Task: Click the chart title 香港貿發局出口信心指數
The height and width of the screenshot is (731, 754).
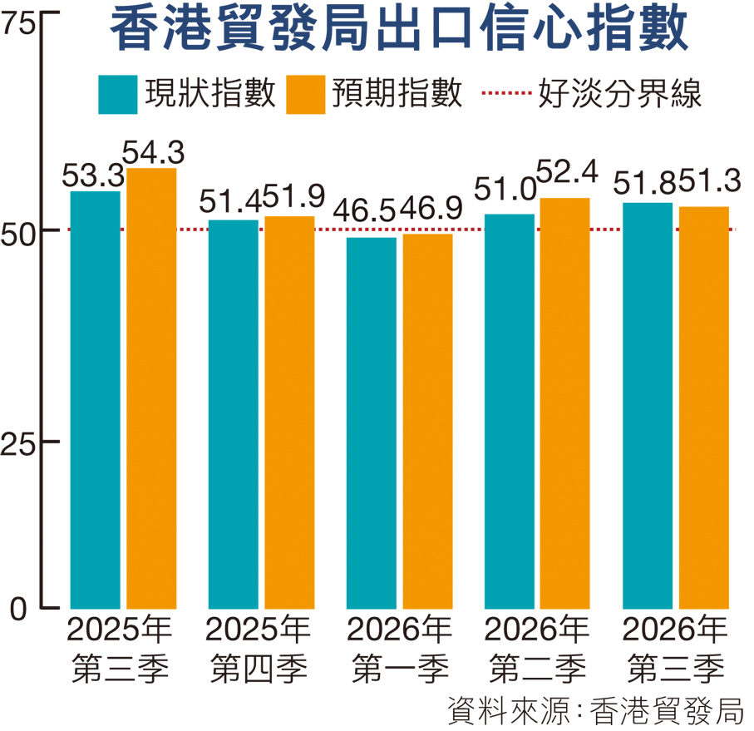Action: pyautogui.click(x=399, y=29)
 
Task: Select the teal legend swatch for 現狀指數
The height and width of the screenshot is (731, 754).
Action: pyautogui.click(x=118, y=94)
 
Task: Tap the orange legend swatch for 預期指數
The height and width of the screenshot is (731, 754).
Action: pyautogui.click(x=305, y=94)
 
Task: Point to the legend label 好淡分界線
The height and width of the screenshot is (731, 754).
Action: pyautogui.click(x=620, y=93)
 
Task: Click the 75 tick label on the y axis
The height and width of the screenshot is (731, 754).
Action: pyautogui.click(x=17, y=23)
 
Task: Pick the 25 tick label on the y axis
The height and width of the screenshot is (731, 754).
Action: pyautogui.click(x=18, y=443)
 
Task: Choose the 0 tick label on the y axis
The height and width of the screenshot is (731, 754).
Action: pyautogui.click(x=18, y=610)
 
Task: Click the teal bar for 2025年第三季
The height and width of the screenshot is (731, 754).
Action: pyautogui.click(x=96, y=400)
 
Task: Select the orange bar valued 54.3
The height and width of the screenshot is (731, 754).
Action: pyautogui.click(x=151, y=388)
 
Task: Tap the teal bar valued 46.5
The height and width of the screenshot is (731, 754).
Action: pyautogui.click(x=372, y=423)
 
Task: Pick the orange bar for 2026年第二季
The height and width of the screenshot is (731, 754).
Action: pyautogui.click(x=565, y=403)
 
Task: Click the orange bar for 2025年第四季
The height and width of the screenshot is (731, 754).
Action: pyautogui.click(x=289, y=412)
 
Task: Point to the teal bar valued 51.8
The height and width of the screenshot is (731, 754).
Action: pyautogui.click(x=648, y=406)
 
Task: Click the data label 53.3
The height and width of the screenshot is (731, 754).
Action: pyautogui.click(x=93, y=175)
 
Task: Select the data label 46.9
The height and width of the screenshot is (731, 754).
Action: pyautogui.click(x=431, y=208)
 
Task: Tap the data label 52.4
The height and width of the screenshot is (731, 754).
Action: pyautogui.click(x=567, y=171)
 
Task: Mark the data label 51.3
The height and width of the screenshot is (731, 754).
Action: pyautogui.click(x=710, y=181)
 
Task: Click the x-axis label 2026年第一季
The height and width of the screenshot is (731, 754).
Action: pyautogui.click(x=399, y=650)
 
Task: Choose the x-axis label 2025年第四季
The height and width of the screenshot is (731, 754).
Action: pyautogui.click(x=259, y=650)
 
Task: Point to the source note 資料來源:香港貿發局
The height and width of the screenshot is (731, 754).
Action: pyautogui.click(x=595, y=710)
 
